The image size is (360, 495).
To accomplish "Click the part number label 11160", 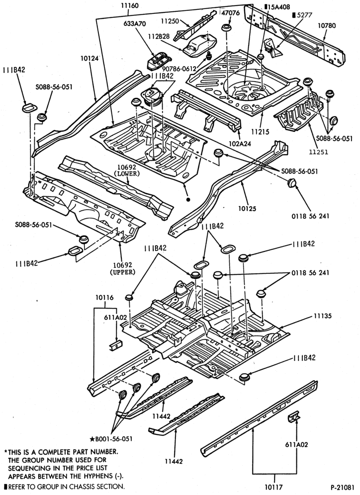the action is click(129, 5).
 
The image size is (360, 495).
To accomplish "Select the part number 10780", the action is click(327, 26).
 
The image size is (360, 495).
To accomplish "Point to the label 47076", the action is click(231, 13).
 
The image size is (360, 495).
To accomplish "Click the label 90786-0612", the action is click(180, 69).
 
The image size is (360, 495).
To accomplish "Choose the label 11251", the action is click(319, 152).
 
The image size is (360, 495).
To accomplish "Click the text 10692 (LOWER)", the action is click(128, 170).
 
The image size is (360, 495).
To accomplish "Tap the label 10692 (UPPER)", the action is click(122, 268).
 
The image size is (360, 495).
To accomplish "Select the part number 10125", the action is click(247, 209).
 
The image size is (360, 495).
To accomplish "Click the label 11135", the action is click(322, 316).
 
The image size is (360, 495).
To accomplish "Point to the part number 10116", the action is click(104, 298).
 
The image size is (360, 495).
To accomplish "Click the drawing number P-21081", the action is click(343, 487).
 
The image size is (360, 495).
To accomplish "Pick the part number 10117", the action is click(274, 487).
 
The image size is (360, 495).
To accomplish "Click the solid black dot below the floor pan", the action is click(188, 199).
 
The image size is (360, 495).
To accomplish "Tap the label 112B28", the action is click(159, 37).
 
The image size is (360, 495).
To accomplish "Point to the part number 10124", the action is click(90, 59).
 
